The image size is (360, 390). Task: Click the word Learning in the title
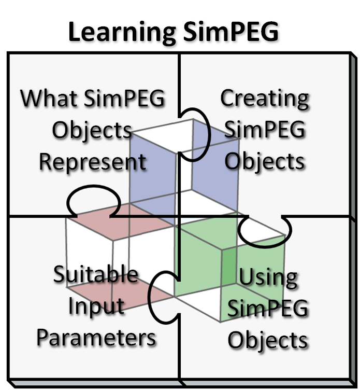120,32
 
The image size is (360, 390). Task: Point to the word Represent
93,162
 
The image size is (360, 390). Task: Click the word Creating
265,98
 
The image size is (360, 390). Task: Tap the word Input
96,306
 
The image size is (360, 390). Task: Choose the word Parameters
96,338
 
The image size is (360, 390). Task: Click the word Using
268,278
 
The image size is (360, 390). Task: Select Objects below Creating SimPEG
265,162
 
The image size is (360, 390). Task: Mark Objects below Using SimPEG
268,341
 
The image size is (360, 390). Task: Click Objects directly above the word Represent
92,130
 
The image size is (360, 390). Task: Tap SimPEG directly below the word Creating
265,130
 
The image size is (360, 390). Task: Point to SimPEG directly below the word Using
268,310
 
